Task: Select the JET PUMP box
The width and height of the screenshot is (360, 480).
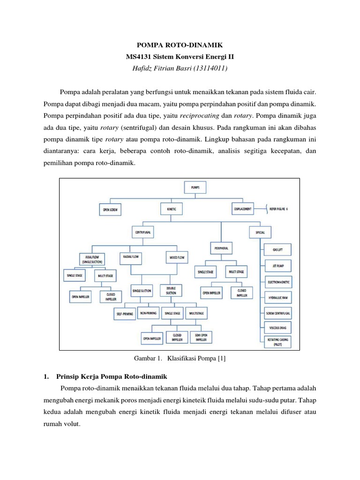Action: [278, 266]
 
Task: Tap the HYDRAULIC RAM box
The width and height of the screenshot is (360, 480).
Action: [278, 297]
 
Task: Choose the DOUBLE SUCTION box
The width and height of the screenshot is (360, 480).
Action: [171, 291]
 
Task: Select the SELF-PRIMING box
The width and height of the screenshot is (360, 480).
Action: [125, 313]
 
